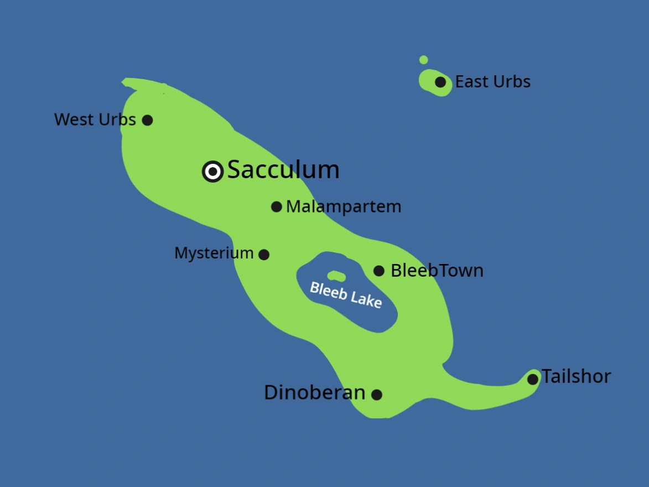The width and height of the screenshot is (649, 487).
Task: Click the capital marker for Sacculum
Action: coord(212,172)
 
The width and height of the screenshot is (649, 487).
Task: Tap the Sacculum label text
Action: coord(283,170)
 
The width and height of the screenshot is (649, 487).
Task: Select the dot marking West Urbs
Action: coord(147,120)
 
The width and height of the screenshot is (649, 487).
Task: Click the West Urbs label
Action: coord(95,120)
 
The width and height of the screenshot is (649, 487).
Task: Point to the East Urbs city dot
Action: coord(440,82)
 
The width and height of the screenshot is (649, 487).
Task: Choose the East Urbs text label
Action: coord(492,82)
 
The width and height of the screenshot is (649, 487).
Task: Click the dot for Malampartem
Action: coord(277,207)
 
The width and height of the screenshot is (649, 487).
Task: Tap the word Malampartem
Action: coord(343,207)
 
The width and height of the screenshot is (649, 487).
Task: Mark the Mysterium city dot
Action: coord(264,255)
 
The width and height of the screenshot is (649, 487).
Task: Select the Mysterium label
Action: coord(214,253)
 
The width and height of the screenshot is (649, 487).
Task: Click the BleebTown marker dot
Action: coord(379,271)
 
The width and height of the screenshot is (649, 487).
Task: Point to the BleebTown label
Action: coord(437,271)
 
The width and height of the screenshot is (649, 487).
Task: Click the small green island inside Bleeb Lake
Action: coord(336,276)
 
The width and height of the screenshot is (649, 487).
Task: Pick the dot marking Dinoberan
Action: coord(377,395)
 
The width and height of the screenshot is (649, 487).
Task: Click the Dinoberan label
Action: coord(314,393)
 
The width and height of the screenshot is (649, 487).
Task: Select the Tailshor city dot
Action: coord(532,379)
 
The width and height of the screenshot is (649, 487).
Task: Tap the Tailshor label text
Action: coord(576,376)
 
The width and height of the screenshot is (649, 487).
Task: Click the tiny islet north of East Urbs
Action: coord(424,60)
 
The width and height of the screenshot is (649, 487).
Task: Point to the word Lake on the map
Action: coord(365,299)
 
